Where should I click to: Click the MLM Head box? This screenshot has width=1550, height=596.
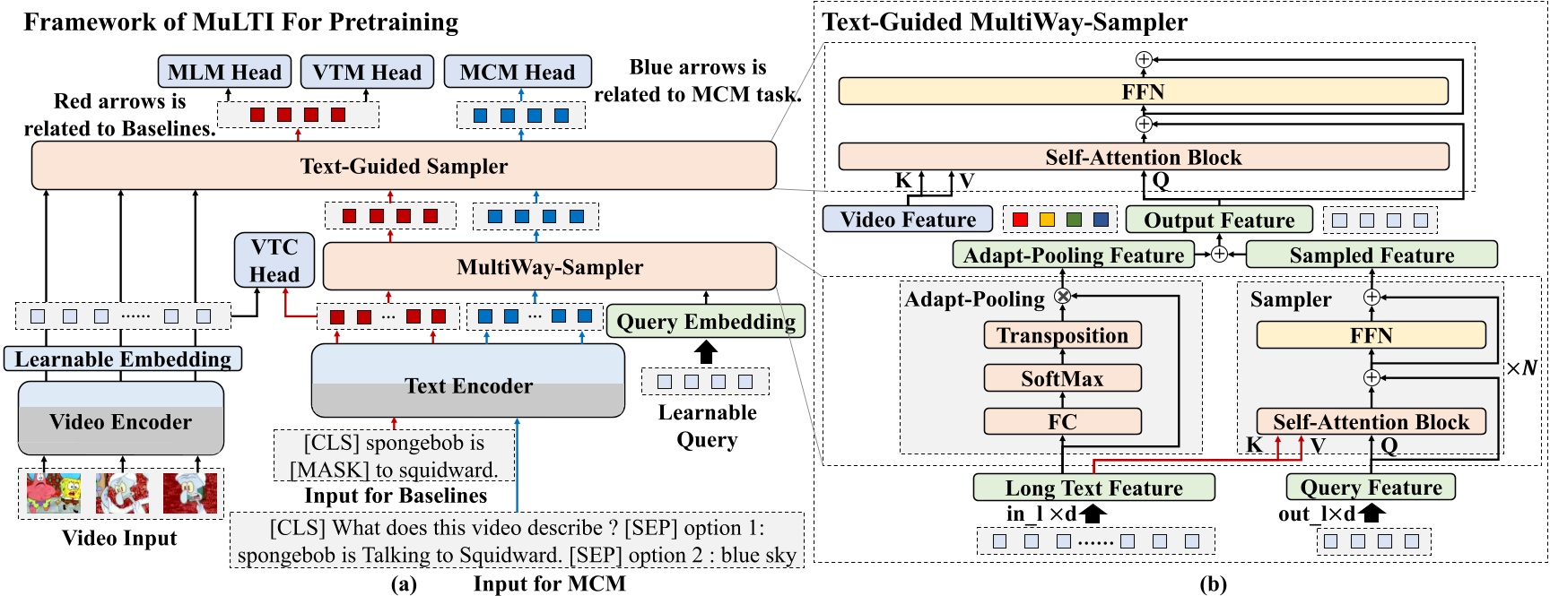[224, 72]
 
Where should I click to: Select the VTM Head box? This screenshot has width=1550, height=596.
[367, 72]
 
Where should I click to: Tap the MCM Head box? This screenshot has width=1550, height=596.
[518, 72]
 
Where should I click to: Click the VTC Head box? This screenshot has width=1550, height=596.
[274, 261]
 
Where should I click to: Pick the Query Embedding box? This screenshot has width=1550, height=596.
[706, 321]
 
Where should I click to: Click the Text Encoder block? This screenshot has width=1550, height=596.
[468, 384]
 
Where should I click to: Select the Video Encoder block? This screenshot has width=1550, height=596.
[121, 420]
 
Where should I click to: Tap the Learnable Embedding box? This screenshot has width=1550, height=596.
[123, 358]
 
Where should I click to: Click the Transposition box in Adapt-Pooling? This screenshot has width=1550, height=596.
[1062, 335]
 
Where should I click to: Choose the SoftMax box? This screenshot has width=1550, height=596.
[1062, 378]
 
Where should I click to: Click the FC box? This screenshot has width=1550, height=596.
[1062, 421]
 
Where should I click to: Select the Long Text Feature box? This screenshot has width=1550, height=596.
[1093, 488]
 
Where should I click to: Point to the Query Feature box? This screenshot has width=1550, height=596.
[1371, 487]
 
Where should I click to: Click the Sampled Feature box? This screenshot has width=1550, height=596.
[1371, 255]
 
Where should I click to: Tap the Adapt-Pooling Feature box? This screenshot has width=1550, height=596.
[1073, 255]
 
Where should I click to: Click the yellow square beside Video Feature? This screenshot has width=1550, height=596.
[1047, 220]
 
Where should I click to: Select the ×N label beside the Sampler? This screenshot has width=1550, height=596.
[1521, 367]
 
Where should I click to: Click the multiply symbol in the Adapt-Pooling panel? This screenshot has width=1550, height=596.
[1063, 296]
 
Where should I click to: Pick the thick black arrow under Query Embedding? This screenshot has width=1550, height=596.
[706, 350]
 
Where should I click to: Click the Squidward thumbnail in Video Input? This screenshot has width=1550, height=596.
[189, 493]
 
